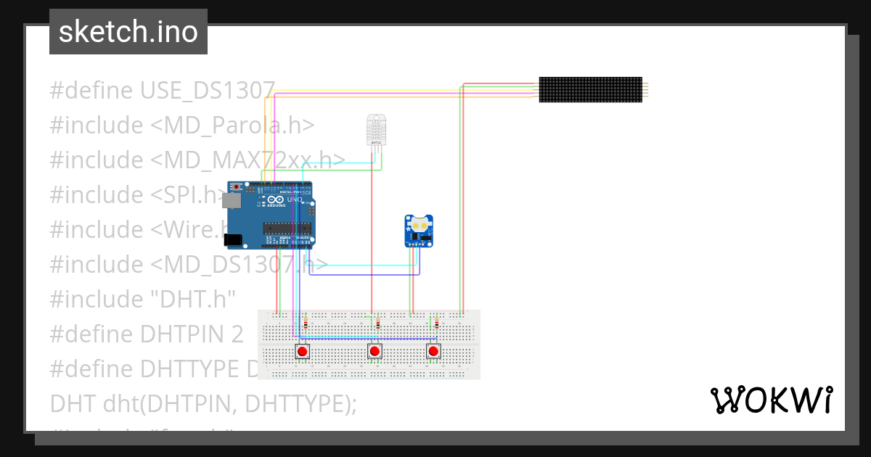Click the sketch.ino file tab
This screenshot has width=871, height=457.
[x=128, y=32]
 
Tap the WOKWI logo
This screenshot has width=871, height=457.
[x=771, y=400]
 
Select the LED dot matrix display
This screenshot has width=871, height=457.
[x=590, y=89]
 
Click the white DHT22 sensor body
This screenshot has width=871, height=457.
[x=376, y=128]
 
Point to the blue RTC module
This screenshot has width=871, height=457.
[x=420, y=231]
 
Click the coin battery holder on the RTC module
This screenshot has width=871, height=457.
[x=420, y=224]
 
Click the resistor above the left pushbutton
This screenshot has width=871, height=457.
[x=306, y=324]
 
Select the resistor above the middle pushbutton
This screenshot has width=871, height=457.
[x=378, y=324]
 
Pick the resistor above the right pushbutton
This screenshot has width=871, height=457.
[x=436, y=324]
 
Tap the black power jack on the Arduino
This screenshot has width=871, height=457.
[x=232, y=239]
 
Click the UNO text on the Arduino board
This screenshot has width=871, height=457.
[x=295, y=199]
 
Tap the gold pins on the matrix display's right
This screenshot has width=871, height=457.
[x=646, y=89]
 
